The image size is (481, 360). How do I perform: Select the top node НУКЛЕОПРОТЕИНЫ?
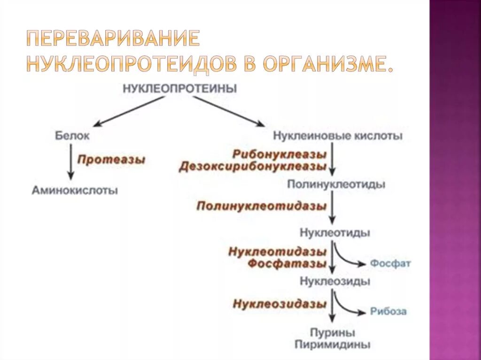[x=180, y=89]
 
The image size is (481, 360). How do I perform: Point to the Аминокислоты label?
[x=75, y=191]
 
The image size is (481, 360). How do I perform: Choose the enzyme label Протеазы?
[x=111, y=160]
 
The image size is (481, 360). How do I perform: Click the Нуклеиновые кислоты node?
[x=338, y=136]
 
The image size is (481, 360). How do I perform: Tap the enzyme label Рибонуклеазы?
[x=279, y=154]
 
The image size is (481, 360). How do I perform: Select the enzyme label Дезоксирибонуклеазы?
[x=252, y=167]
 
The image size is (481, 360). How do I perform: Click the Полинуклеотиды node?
[x=336, y=184]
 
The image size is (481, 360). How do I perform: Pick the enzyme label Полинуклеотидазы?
[x=261, y=206]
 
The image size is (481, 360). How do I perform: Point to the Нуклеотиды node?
[x=334, y=233]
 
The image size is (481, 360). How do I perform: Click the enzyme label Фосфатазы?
[x=287, y=263]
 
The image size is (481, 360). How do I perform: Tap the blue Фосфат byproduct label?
[x=390, y=263]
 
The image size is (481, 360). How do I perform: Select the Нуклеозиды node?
[x=334, y=282]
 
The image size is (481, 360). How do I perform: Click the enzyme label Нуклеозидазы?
[x=279, y=304]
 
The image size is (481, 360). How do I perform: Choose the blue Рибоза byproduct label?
[x=388, y=311]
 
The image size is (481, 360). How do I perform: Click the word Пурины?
[x=333, y=333]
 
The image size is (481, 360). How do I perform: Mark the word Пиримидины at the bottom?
[x=333, y=345]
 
